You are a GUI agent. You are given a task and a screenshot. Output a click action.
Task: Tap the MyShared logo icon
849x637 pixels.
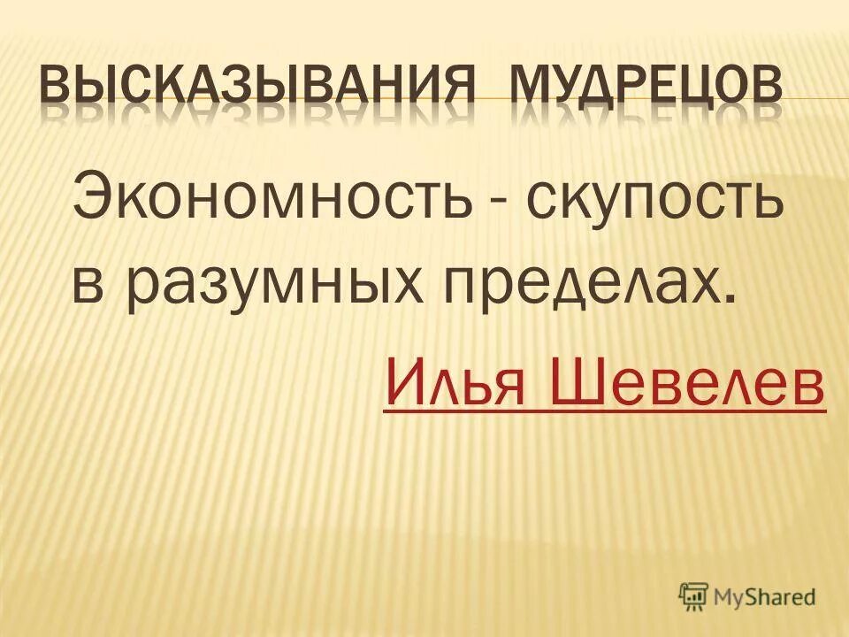coord(695,596)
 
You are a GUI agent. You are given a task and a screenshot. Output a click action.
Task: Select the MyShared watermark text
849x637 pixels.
coord(765,597)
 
